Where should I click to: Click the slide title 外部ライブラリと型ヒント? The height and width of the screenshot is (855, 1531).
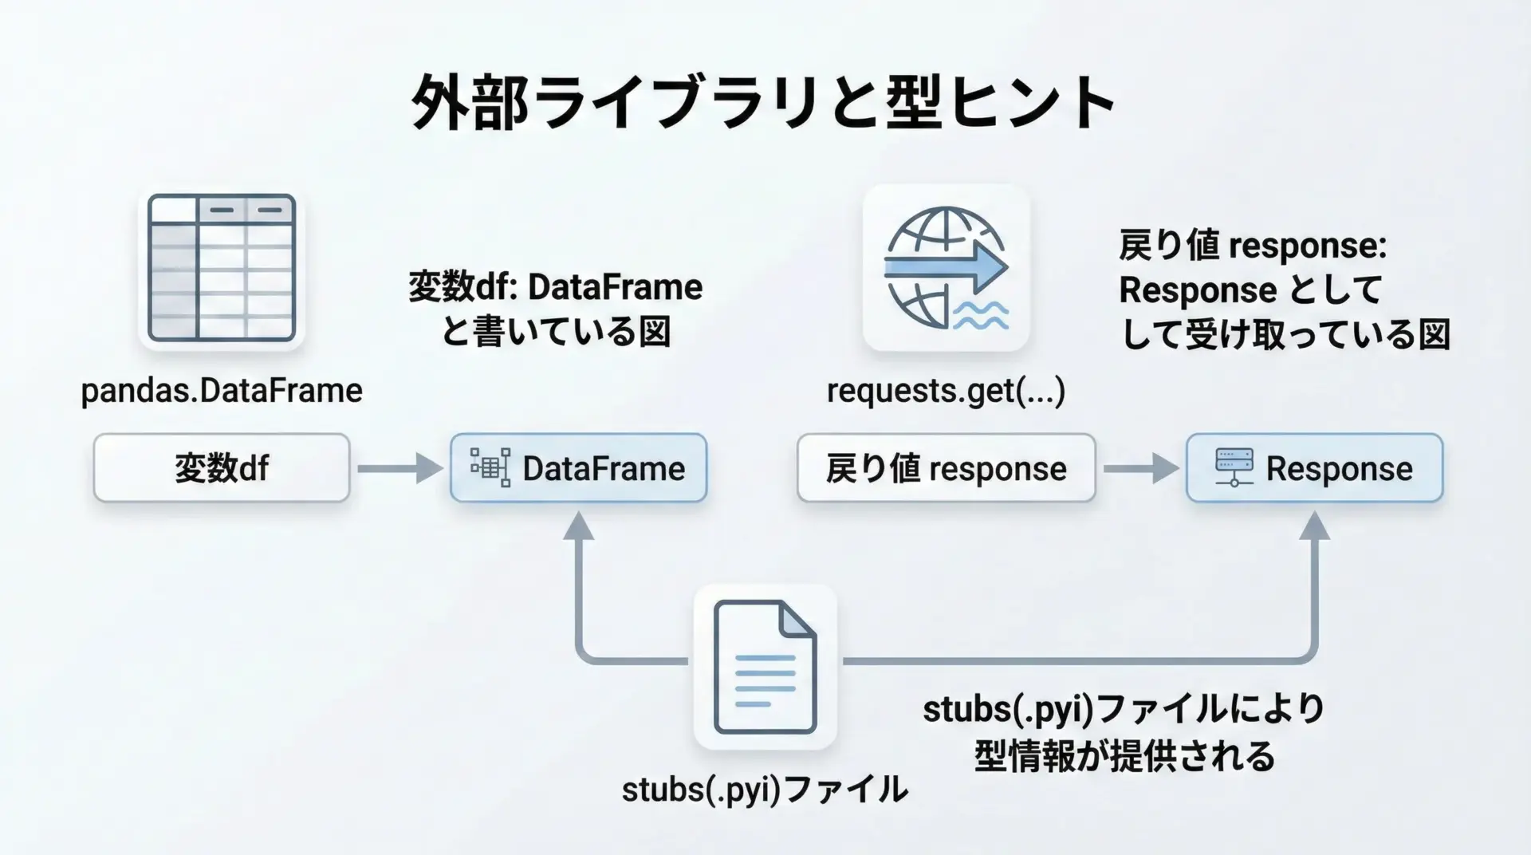point(763,104)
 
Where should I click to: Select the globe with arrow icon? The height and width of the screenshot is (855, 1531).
point(946,268)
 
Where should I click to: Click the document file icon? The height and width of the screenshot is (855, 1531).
point(765,667)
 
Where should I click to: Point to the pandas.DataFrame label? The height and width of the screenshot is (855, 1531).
point(222,391)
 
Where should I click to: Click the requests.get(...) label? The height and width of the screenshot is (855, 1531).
point(946,391)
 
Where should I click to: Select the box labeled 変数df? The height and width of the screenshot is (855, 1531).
point(222,468)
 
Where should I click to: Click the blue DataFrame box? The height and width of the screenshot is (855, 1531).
point(578,468)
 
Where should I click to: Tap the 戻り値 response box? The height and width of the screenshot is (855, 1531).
point(946,468)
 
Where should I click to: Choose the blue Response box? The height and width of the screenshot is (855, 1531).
point(1314,468)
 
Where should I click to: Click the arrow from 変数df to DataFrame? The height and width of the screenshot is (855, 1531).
point(399,468)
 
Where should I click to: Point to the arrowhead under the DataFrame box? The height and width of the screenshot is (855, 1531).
point(579,527)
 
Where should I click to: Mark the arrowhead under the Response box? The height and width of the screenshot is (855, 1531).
point(1314,527)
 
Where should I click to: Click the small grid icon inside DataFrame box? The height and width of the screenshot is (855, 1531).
point(490,467)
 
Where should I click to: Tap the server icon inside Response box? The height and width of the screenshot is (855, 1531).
point(1234,467)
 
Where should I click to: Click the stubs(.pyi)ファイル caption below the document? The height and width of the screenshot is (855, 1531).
point(764,790)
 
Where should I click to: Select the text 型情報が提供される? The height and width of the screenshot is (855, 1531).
point(1124,755)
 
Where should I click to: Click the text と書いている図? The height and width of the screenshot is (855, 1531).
point(556,332)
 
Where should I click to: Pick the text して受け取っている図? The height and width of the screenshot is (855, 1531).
point(1285,335)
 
